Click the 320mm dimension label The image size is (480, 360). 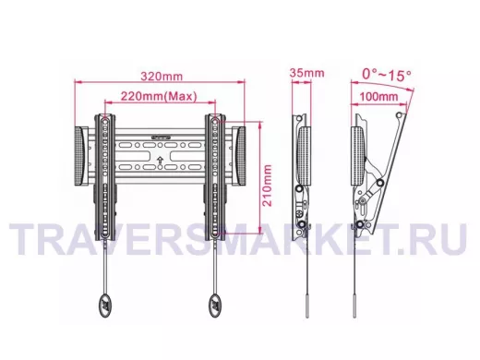pos(162,76)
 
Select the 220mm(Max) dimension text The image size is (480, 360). pos(159,96)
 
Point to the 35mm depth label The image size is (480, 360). pos(306,73)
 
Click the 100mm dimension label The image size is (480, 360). pos(378,96)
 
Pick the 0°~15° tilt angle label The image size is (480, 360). pos(387,75)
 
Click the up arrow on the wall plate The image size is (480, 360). pos(160,160)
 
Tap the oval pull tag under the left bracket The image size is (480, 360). pos(104,305)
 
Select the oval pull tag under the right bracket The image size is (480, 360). pos(215,305)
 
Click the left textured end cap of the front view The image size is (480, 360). pos(81,156)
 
